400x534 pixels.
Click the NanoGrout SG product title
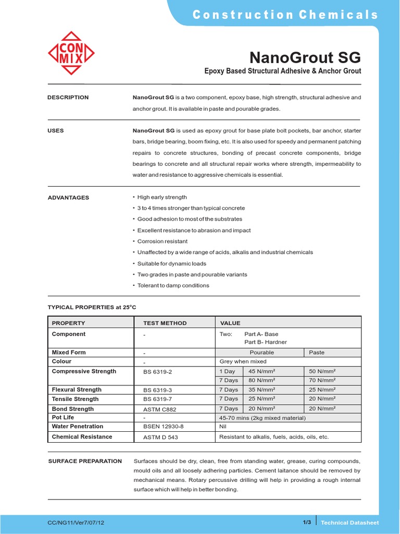[305, 57]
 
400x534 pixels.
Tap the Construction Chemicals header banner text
[285, 15]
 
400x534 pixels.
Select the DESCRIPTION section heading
[68, 98]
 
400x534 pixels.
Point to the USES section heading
[56, 130]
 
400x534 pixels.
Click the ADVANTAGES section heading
[68, 198]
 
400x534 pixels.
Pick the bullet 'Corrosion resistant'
[162, 241]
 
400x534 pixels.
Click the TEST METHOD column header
[165, 323]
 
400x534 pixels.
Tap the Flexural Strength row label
[77, 390]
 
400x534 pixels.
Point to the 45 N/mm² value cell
[262, 371]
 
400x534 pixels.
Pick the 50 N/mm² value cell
[322, 371]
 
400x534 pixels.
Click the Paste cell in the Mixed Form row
[317, 353]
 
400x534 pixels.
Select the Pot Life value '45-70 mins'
[261, 418]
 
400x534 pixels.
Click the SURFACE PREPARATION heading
[85, 461]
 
